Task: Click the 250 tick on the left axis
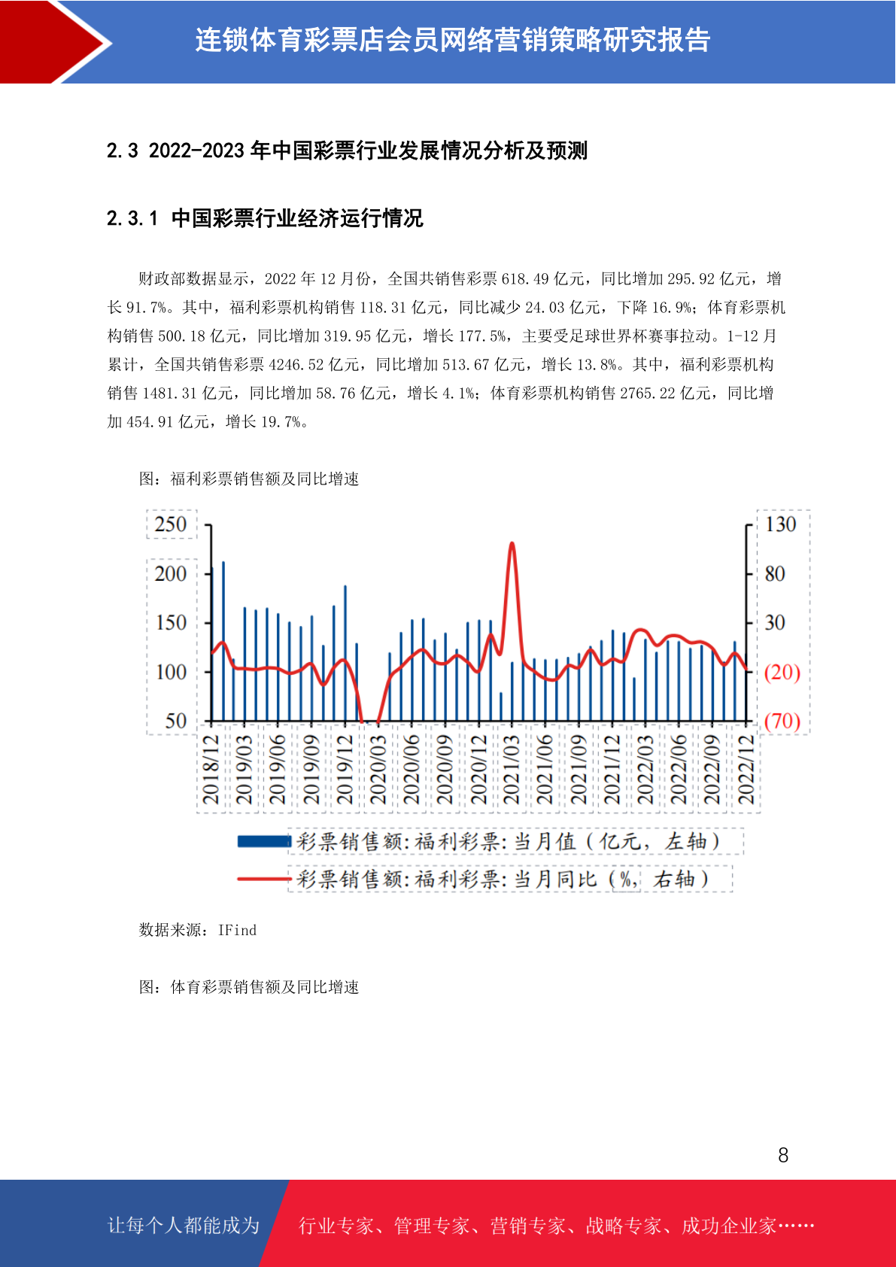point(170,524)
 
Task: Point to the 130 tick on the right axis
point(781,524)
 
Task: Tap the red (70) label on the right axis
point(782,722)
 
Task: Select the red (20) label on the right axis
point(782,672)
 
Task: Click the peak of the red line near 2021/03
point(512,543)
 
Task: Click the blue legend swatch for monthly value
point(264,841)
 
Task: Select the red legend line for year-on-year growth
point(264,879)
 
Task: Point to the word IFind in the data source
point(237,931)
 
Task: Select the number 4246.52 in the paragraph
point(296,365)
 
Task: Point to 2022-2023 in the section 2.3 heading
point(196,151)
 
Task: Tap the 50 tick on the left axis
point(176,722)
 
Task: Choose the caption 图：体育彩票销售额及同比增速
point(249,987)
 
